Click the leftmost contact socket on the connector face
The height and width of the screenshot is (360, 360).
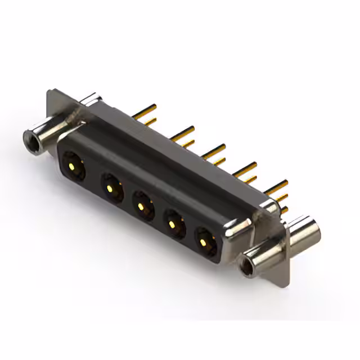[x=73, y=165]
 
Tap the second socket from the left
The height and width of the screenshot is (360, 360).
[x=111, y=184]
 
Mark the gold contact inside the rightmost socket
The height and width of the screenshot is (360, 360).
[x=204, y=243]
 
